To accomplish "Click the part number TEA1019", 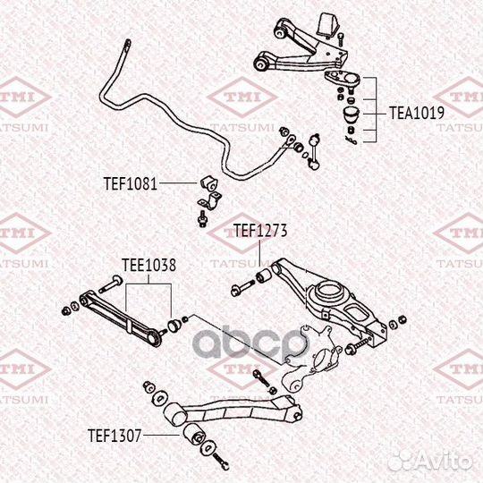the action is (417, 113).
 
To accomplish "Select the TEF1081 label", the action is (131, 184).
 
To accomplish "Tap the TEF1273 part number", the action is (260, 230).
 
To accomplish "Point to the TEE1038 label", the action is (148, 265).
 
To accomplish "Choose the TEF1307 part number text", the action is (114, 436).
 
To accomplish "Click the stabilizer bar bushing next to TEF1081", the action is (208, 183).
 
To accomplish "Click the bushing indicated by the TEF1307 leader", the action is (194, 434).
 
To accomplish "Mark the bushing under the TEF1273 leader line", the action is (264, 276).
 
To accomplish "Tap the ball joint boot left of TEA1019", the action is (351, 114).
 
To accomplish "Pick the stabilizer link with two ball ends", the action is (314, 151).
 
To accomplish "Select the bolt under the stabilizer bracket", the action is (203, 219).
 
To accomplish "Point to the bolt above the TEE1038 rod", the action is (111, 284).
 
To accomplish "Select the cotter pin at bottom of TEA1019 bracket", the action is (352, 140).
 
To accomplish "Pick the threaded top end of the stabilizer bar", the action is (128, 45).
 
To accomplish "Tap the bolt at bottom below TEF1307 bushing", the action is (220, 462).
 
